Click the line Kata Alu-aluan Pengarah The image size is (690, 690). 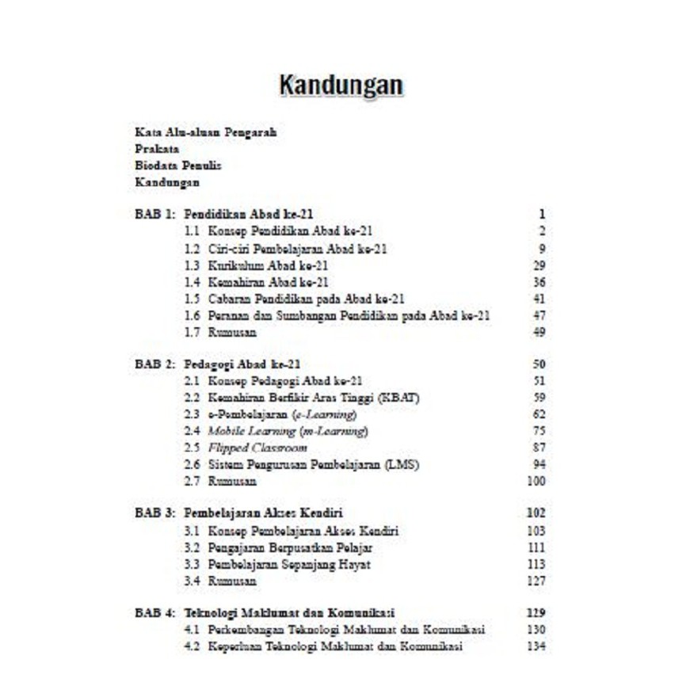point(205,132)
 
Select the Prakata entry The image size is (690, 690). point(157,149)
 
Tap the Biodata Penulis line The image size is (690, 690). point(177,166)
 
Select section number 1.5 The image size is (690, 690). point(191,299)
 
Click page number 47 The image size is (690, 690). point(539,315)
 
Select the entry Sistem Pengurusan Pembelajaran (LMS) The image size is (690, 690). point(314,464)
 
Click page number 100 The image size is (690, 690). point(536,481)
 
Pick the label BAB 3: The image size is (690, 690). point(154,513)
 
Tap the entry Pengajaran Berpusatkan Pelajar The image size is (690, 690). point(290,547)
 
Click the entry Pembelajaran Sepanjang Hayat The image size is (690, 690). point(289,564)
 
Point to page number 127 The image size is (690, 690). point(536,581)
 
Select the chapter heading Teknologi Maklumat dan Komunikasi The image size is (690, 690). point(290,613)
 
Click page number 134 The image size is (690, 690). point(536,646)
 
